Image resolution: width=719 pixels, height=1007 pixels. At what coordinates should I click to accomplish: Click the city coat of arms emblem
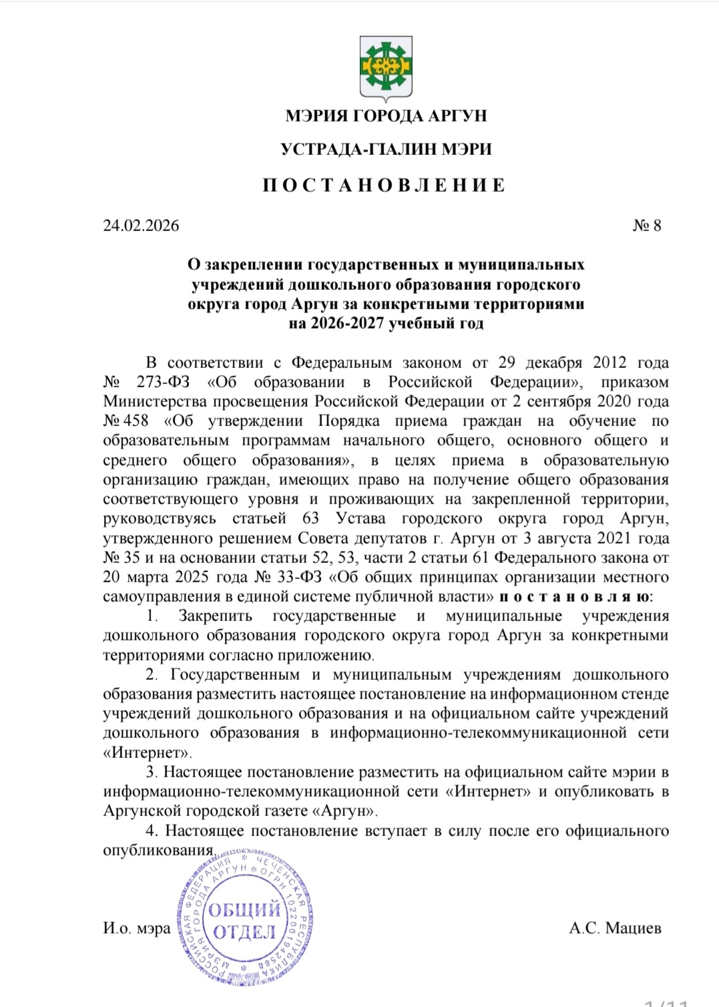coord(386,68)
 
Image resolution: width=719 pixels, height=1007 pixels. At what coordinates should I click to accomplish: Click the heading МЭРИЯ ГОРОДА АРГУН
coord(386,116)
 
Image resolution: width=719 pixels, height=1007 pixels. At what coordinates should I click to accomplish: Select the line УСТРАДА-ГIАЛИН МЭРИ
coord(386,150)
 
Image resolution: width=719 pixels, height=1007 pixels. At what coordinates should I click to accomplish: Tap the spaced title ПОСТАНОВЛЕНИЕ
coord(385,185)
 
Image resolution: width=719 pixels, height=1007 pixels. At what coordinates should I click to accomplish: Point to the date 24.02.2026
coord(141,226)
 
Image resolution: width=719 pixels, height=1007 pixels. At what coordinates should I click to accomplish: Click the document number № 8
coord(646,226)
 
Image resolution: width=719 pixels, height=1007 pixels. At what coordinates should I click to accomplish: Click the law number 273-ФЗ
coord(163,383)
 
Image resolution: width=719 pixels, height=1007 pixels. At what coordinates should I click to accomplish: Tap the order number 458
coord(136,421)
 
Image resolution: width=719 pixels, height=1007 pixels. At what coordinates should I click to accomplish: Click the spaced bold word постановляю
coord(573,596)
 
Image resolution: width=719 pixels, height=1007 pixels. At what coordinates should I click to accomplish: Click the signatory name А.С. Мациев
coord(615,928)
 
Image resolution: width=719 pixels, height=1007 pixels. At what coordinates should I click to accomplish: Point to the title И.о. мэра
coord(136,928)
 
